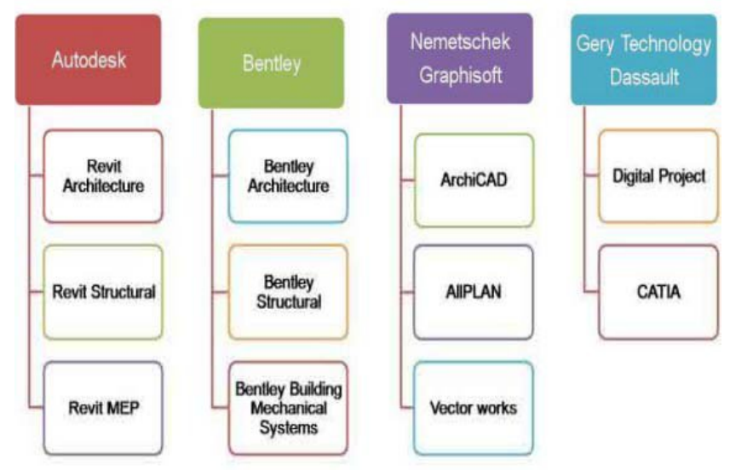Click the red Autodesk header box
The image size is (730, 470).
click(89, 60)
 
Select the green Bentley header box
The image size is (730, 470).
click(272, 63)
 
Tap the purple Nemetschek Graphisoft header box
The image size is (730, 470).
click(460, 59)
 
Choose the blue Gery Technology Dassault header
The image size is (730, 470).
click(644, 60)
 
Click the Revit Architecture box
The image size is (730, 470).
click(103, 176)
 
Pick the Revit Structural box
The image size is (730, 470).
click(103, 292)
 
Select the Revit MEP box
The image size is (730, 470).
click(103, 408)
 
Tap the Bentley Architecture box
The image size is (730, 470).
click(288, 176)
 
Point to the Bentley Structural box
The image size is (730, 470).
click(288, 292)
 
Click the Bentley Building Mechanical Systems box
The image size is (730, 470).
click(288, 408)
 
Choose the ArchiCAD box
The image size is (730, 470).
click(474, 181)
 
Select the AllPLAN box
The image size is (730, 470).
click(474, 292)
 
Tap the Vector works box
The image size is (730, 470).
click(474, 408)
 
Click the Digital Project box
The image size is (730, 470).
click(658, 176)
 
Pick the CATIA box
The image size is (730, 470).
click(658, 292)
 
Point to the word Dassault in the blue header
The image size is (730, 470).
click(644, 77)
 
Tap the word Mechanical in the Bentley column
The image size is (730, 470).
click(289, 408)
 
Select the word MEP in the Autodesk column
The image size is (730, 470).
click(124, 408)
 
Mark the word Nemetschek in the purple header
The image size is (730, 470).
click(461, 43)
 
